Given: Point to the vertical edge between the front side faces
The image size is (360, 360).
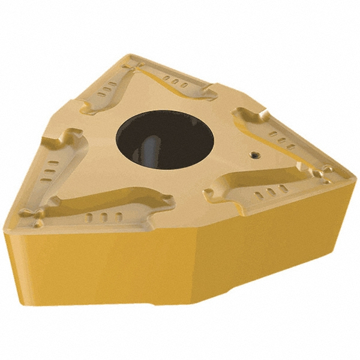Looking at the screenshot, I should (195, 264).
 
